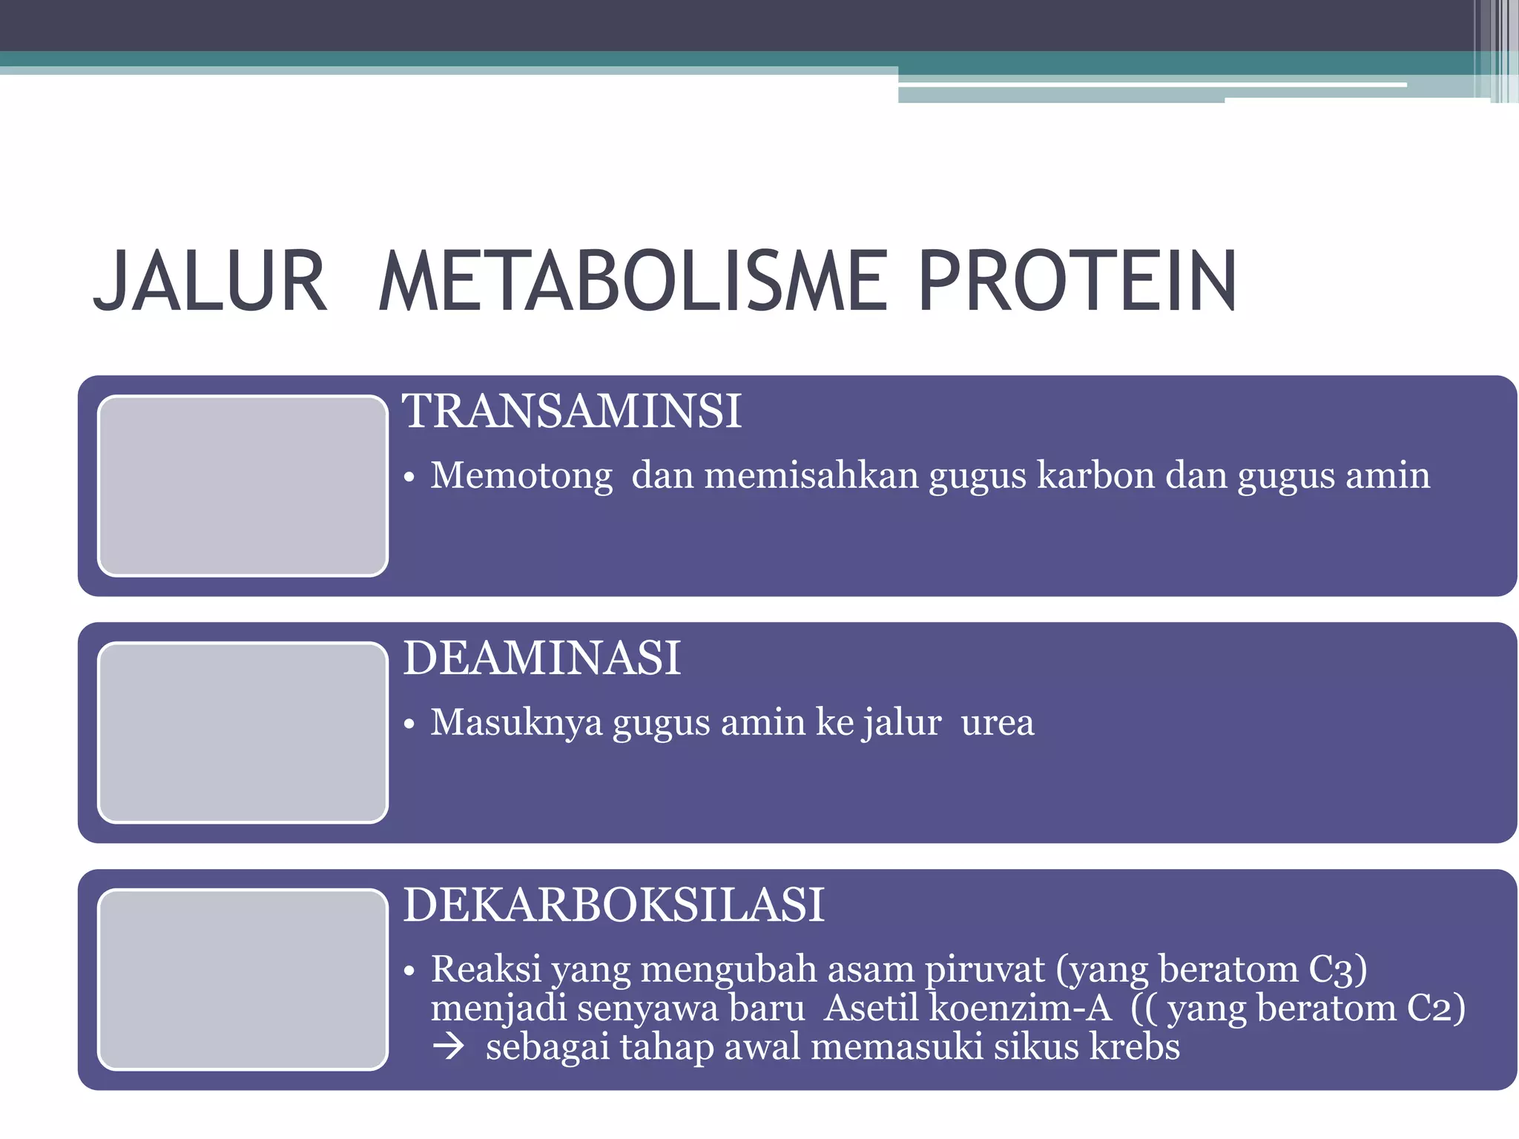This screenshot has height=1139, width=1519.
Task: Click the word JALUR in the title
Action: (x=209, y=282)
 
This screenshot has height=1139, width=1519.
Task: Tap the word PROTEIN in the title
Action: (x=1077, y=282)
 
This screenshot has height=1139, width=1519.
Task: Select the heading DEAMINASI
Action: (x=541, y=658)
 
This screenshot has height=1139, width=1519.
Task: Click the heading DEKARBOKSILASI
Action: (x=613, y=905)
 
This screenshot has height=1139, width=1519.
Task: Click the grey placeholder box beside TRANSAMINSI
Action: (x=243, y=486)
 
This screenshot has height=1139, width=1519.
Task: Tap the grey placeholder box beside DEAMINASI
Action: (x=243, y=733)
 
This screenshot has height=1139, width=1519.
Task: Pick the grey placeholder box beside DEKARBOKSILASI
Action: (x=243, y=980)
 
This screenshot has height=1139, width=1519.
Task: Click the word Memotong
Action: (x=521, y=475)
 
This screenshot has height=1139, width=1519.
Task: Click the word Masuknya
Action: (x=516, y=722)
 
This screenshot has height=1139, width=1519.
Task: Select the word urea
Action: (x=997, y=722)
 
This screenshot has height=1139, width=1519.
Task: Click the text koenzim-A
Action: (x=1021, y=1008)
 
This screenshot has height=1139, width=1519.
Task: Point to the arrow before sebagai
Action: (x=449, y=1047)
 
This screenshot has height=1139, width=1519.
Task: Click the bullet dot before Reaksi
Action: (x=409, y=971)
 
